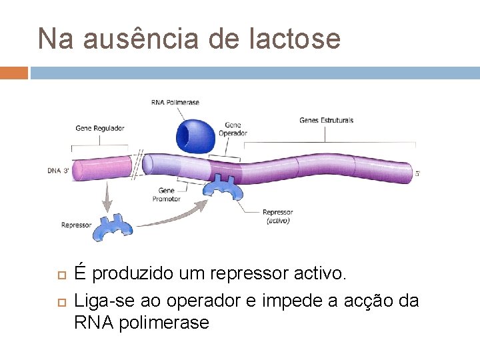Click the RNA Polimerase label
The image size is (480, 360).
click(x=175, y=102)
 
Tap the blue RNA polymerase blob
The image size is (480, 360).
click(x=195, y=135)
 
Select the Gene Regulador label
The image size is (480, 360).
click(x=100, y=128)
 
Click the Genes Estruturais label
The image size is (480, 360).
click(x=327, y=121)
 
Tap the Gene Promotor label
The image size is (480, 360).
click(x=166, y=195)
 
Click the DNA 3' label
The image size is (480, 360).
click(x=59, y=171)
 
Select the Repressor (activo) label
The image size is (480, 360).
click(x=277, y=216)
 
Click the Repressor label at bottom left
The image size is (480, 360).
click(x=76, y=225)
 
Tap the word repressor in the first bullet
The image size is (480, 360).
click(x=238, y=273)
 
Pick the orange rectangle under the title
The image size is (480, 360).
click(x=14, y=72)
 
